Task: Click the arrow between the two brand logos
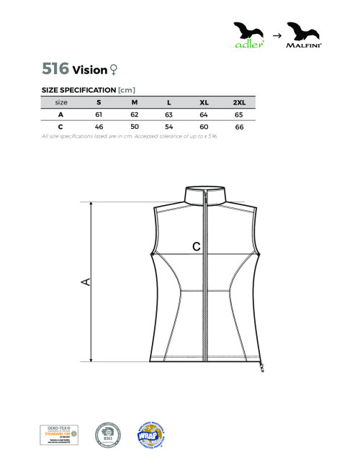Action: click(x=276, y=34)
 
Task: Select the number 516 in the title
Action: click(x=55, y=69)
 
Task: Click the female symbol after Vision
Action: click(x=112, y=70)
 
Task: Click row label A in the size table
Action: click(x=60, y=114)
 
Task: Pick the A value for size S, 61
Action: click(x=99, y=114)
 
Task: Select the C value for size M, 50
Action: click(x=134, y=127)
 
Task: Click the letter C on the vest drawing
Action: click(x=196, y=246)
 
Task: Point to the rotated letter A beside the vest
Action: click(x=85, y=281)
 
